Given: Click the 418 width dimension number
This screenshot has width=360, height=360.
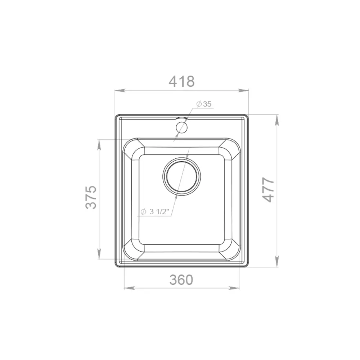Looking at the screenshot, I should [182, 81].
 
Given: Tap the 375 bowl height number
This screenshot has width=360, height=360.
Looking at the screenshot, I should [91, 197].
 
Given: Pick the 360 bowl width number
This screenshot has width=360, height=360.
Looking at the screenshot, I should [181, 279].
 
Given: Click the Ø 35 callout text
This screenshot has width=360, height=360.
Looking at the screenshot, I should [204, 104].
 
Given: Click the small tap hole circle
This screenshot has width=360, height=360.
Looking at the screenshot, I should [181, 127].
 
